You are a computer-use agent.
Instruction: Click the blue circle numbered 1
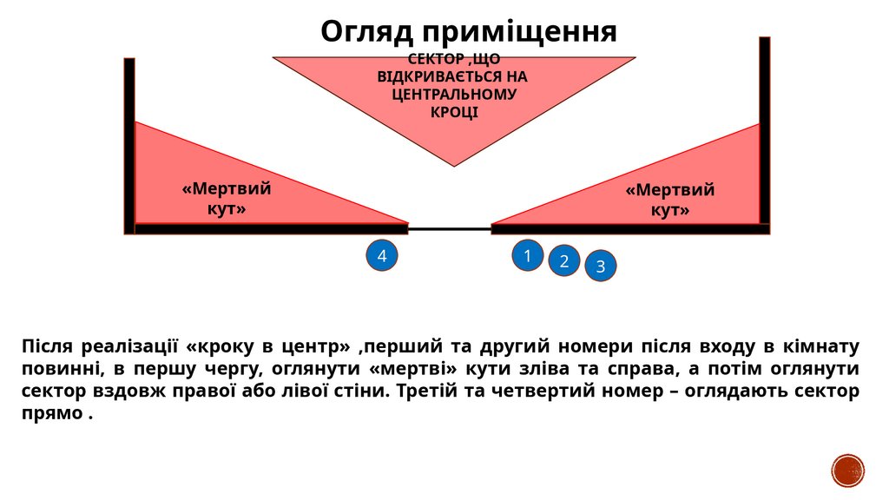(x=527, y=255)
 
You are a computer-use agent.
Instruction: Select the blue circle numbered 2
(x=563, y=260)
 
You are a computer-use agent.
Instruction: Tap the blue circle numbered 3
(x=600, y=266)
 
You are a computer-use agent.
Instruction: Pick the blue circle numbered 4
(x=381, y=255)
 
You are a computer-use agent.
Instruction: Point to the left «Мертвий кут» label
(x=227, y=199)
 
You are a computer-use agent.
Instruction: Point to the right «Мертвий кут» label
(x=670, y=200)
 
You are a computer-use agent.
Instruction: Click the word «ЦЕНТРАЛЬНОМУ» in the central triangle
(x=454, y=95)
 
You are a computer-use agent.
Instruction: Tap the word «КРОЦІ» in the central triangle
(x=454, y=113)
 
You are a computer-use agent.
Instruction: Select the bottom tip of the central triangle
(x=454, y=163)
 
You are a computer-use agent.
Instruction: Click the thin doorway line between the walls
(x=450, y=229)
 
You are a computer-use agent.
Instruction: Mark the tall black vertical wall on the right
(x=764, y=130)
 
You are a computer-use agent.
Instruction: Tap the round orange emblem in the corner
(x=848, y=470)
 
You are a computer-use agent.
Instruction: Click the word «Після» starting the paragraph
(x=47, y=347)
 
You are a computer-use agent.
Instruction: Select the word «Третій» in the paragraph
(x=426, y=391)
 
